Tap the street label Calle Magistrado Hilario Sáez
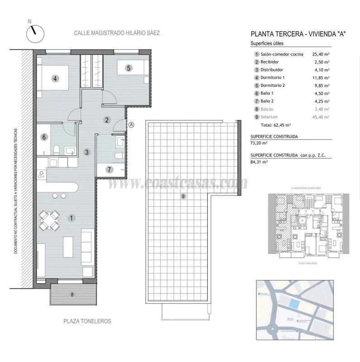(x=117, y=33)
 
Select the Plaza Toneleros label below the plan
(x=87, y=321)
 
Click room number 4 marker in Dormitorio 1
(x=55, y=78)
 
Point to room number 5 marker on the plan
(x=129, y=68)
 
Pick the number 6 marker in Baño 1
(x=44, y=137)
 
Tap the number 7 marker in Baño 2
(x=109, y=170)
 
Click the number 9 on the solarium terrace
(x=182, y=196)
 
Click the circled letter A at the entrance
(x=131, y=125)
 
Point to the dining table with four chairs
(x=49, y=221)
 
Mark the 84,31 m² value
(x=259, y=161)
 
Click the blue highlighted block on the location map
(x=294, y=304)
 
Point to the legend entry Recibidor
(x=270, y=62)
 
